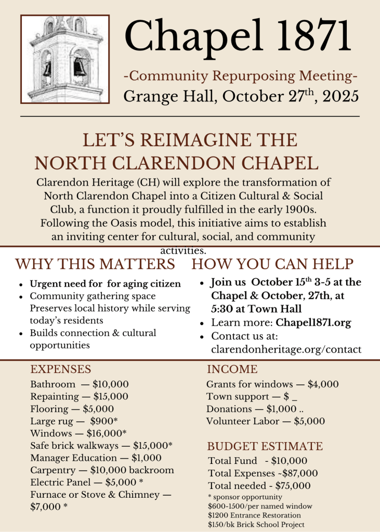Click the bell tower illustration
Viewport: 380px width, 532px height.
click(x=65, y=59)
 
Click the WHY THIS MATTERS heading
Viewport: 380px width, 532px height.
click(x=95, y=264)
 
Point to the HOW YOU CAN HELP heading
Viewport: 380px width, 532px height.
click(x=273, y=264)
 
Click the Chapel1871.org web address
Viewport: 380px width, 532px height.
click(x=313, y=322)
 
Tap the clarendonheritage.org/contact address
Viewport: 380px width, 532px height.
click(x=286, y=349)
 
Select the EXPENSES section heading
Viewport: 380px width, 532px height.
click(x=60, y=369)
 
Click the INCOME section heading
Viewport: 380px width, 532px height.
click(x=232, y=369)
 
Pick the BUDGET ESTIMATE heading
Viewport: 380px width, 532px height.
click(x=265, y=446)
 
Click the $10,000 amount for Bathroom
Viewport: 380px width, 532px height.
click(x=111, y=384)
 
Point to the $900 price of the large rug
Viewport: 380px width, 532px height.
click(x=102, y=421)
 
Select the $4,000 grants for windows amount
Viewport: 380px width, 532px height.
click(x=323, y=384)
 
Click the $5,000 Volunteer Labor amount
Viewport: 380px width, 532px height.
click(x=309, y=421)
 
